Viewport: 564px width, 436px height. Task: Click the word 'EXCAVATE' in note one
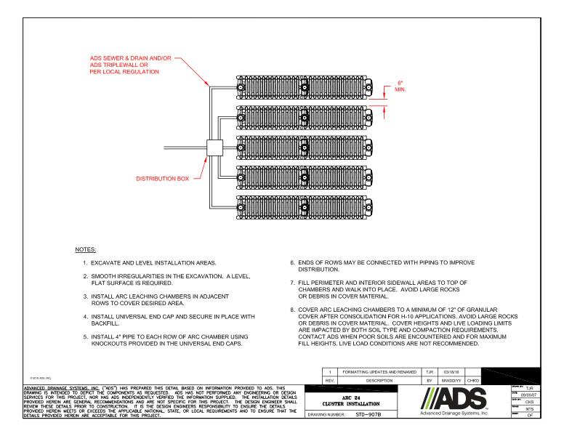pos(105,262)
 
